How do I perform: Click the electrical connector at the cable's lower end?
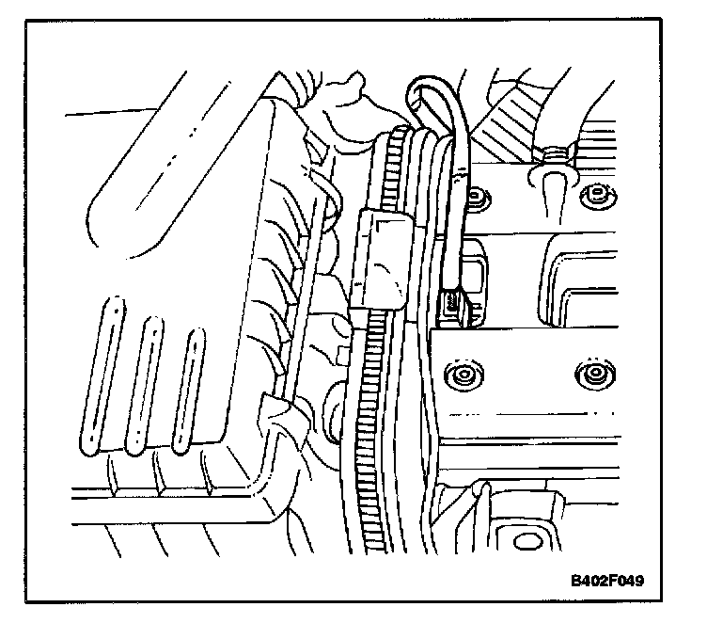click(x=454, y=302)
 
